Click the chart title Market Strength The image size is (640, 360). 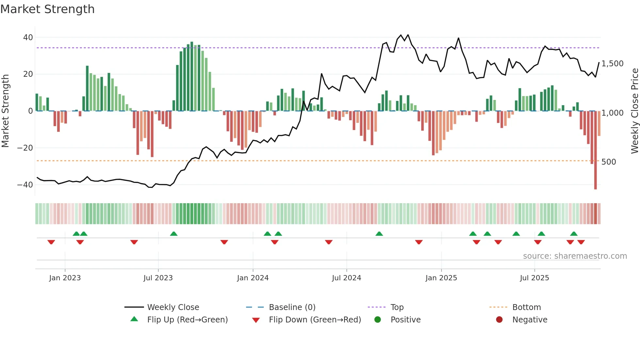(x=47, y=9)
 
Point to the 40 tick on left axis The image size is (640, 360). (x=28, y=38)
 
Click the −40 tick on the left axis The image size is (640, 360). (x=25, y=185)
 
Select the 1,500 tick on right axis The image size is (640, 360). (x=612, y=64)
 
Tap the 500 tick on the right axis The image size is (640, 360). (x=608, y=162)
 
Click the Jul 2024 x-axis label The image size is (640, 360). (x=346, y=278)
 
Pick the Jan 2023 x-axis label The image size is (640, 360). (x=65, y=278)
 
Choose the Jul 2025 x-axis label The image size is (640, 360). (x=534, y=278)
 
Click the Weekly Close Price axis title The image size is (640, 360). (x=634, y=111)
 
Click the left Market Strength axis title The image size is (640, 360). (x=6, y=111)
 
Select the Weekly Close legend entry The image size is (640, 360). (x=173, y=307)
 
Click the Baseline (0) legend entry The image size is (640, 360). (x=292, y=307)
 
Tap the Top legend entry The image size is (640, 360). (x=397, y=307)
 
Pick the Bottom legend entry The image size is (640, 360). (x=526, y=307)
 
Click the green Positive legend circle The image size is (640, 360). (x=377, y=320)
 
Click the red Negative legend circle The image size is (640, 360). (x=499, y=320)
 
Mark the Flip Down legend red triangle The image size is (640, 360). (x=256, y=320)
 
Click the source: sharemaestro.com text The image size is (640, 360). (x=575, y=256)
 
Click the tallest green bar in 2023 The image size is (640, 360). (x=192, y=76)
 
